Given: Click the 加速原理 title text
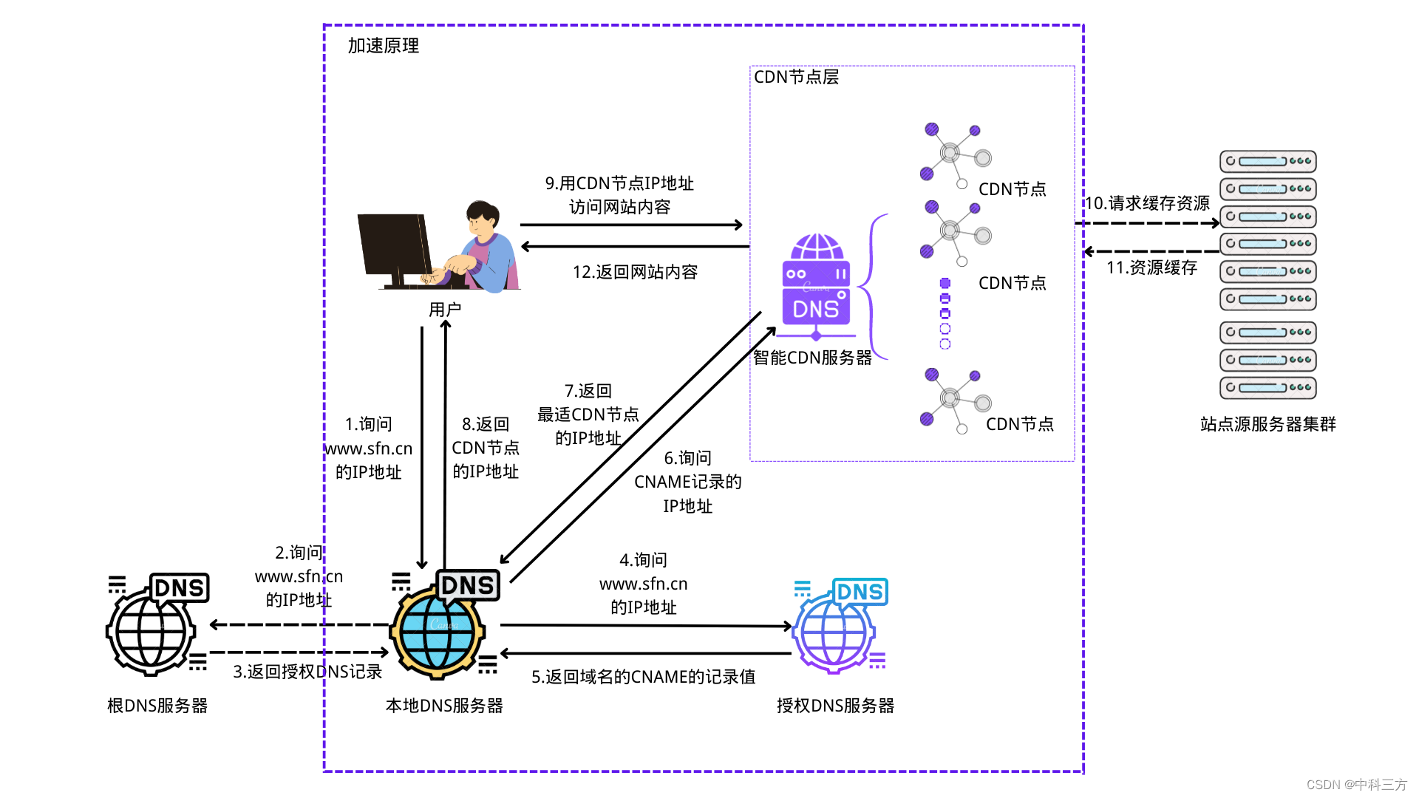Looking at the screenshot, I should coord(383,46).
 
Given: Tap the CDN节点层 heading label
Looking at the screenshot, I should coord(796,77).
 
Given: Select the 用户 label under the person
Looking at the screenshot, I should coord(445,310).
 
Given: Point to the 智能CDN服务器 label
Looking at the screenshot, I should coord(812,358).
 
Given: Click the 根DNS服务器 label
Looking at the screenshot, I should coord(157,706).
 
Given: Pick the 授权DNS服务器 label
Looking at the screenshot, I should coord(835,706).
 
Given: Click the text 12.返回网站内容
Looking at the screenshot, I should coord(635,272).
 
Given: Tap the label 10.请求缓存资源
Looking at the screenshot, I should coord(1146,203).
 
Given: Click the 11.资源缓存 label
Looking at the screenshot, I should coord(1151,267).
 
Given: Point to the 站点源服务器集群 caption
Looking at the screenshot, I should coord(1267,424).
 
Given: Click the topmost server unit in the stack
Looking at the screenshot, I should coord(1267,161).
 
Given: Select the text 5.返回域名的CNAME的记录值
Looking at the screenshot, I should coord(643,677).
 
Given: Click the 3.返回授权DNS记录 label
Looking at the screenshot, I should coord(307,672).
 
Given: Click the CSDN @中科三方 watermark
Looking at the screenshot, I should coord(1356,785).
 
